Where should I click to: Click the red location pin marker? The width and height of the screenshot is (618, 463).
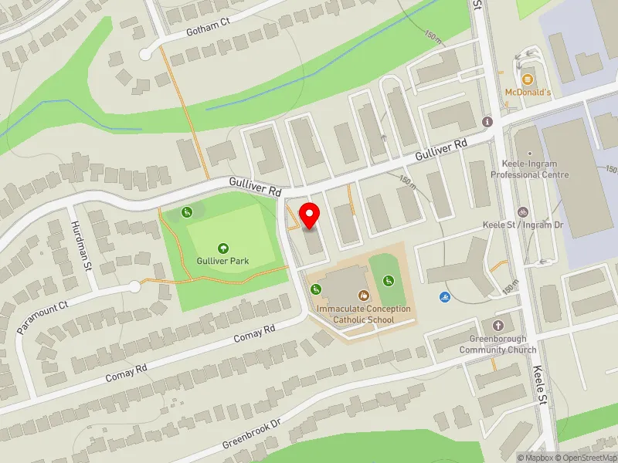311,215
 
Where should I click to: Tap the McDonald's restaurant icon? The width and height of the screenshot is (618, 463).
528,79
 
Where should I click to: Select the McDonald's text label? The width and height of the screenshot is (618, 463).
528,93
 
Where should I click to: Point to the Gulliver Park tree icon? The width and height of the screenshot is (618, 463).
223,248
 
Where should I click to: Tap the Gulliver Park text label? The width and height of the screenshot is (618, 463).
223,261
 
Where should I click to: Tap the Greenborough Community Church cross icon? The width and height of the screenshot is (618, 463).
497,326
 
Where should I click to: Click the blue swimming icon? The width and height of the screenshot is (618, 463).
445,297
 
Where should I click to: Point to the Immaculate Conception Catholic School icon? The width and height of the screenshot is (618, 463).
363,296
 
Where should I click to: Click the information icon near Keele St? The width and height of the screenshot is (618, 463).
487,122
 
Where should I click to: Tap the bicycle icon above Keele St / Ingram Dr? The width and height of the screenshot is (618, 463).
523,212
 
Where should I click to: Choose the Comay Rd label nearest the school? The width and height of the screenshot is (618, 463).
259,334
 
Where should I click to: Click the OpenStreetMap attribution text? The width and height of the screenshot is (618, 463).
586,458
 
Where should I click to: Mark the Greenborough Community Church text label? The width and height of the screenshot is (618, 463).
497,344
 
